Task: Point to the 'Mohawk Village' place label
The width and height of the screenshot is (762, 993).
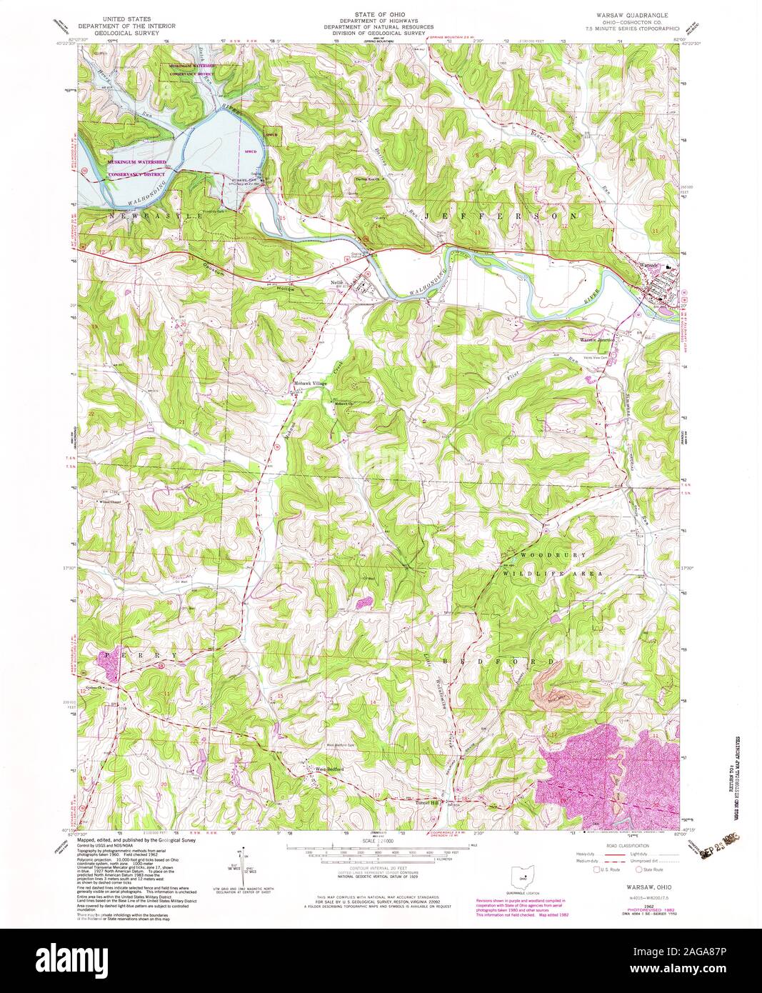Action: [x=310, y=384]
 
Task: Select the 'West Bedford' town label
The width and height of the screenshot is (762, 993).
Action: [x=330, y=769]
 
